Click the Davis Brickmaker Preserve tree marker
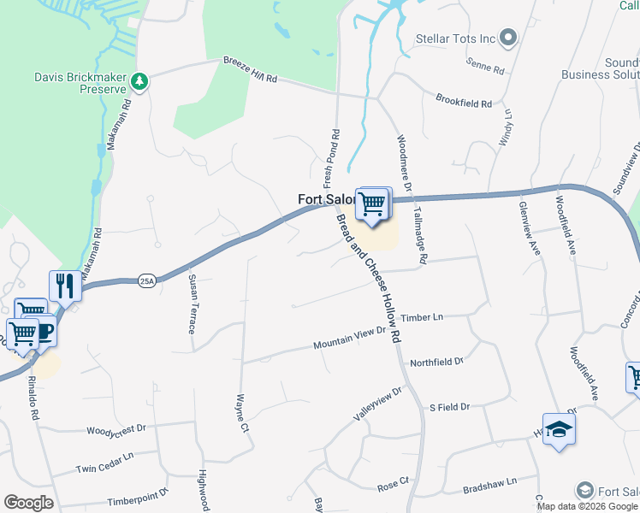point(139,82)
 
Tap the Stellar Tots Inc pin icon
point(508,38)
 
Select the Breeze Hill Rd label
point(251,70)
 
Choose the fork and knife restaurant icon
point(65,286)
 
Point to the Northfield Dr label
point(436,362)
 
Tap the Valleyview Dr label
point(378,404)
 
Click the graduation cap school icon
point(559,430)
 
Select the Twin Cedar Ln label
point(105,469)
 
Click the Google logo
point(28,503)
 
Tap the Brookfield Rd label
point(464,102)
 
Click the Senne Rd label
point(485,63)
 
